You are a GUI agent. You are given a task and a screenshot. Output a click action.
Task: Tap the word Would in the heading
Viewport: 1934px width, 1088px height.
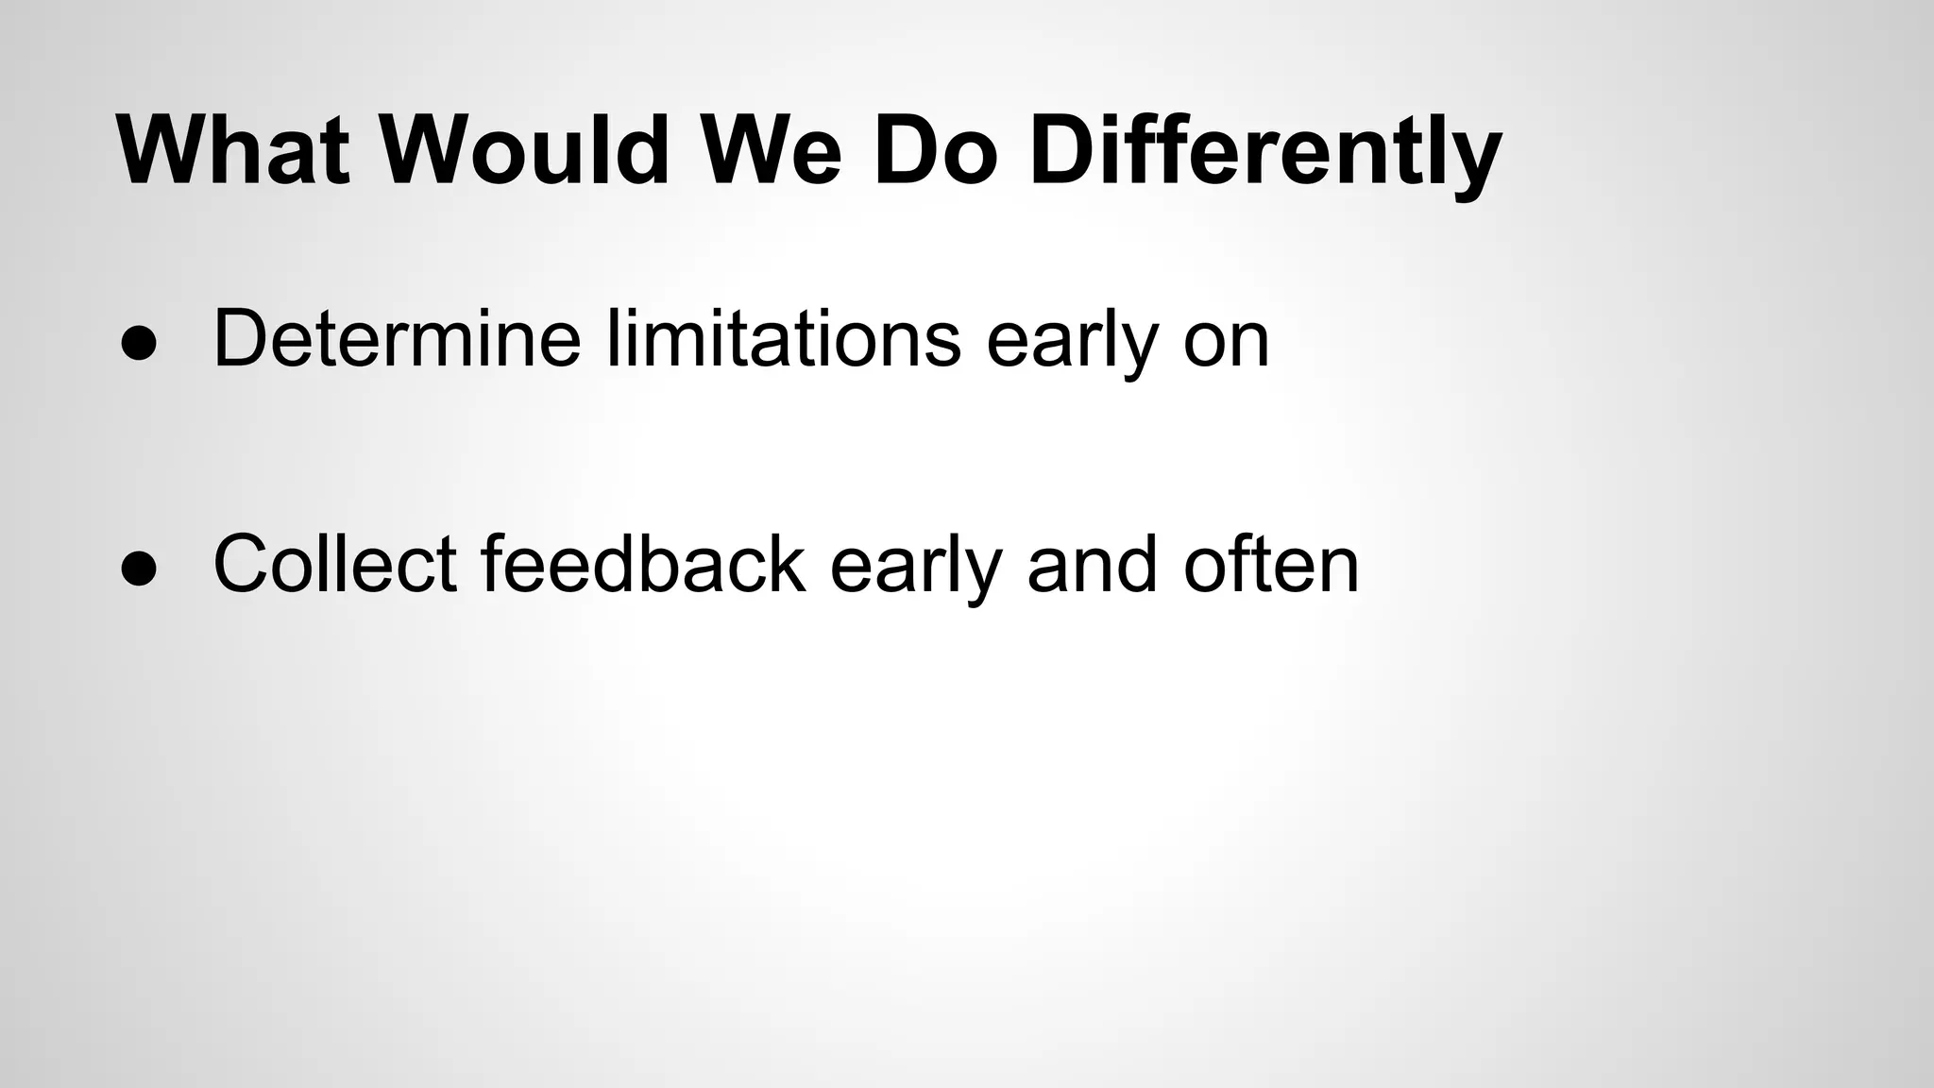coord(525,151)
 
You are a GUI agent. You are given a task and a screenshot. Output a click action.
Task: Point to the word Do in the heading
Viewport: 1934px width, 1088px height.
coord(935,151)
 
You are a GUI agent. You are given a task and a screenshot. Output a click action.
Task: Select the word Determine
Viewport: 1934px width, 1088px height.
coord(397,338)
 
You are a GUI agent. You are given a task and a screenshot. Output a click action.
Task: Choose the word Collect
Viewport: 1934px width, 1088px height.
coord(335,564)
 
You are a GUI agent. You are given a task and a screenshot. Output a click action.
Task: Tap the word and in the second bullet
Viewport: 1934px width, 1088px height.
coord(1092,564)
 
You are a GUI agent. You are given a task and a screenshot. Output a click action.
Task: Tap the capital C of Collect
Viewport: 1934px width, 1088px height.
coord(243,564)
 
